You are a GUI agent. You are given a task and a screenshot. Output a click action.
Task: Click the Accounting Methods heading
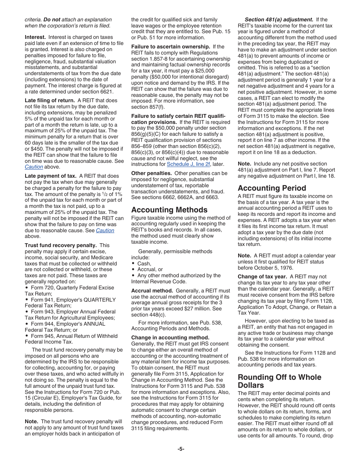tap(169, 210)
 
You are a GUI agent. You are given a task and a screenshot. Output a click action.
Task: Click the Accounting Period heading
tap(272, 188)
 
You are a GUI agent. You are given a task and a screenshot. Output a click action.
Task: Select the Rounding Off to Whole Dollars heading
tap(279, 381)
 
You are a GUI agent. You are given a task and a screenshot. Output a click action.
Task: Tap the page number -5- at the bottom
tap(181, 449)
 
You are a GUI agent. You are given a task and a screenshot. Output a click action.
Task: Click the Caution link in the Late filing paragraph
tap(34, 167)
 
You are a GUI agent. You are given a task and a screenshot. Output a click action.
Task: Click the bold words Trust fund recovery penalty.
tap(60, 245)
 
